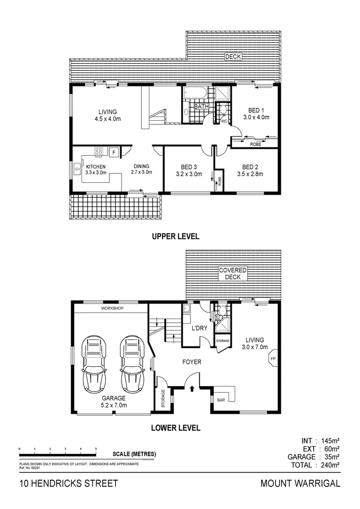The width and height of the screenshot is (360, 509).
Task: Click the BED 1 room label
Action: (256, 110)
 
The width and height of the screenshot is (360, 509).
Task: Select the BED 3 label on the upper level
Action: (188, 167)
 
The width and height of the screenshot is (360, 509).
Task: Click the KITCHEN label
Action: (96, 167)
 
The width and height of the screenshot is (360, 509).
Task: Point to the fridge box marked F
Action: (114, 152)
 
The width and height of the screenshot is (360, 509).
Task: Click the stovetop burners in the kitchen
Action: (99, 151)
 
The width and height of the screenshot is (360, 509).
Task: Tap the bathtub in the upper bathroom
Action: (195, 92)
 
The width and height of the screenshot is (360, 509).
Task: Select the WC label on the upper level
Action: (224, 121)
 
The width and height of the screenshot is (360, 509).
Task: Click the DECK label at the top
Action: (233, 57)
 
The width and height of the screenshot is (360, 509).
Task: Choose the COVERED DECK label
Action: (233, 274)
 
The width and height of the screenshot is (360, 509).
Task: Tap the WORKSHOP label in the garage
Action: (112, 308)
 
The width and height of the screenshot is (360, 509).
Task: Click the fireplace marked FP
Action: (272, 359)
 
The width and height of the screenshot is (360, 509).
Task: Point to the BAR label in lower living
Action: (221, 400)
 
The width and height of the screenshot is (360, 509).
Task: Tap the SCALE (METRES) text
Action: (134, 454)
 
